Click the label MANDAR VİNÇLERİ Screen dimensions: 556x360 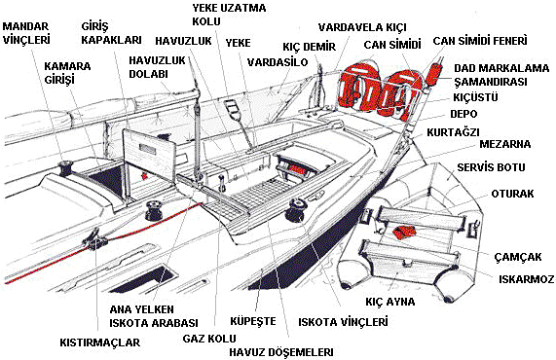tap(26, 33)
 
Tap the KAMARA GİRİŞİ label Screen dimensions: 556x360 tap(67, 73)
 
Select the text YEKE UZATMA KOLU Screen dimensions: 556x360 tap(229, 15)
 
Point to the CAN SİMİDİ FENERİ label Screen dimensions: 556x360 tap(480, 41)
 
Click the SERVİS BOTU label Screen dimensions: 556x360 tap(491, 167)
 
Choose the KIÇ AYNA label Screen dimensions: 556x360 tap(390, 302)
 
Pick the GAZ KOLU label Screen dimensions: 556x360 tap(209, 339)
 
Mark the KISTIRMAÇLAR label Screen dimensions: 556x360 tap(100, 342)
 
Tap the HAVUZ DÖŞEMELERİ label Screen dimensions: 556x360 tap(281, 352)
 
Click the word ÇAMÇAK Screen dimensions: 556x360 tap(518, 257)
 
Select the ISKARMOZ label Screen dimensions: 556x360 tap(526, 279)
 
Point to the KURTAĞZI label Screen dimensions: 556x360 tap(453, 132)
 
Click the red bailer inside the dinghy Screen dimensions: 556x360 tap(404, 233)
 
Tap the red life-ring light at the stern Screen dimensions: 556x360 tap(433, 73)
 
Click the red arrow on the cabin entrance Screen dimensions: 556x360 tap(144, 175)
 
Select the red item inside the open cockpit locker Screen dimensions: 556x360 tap(294, 169)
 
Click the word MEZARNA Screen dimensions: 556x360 tap(505, 144)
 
